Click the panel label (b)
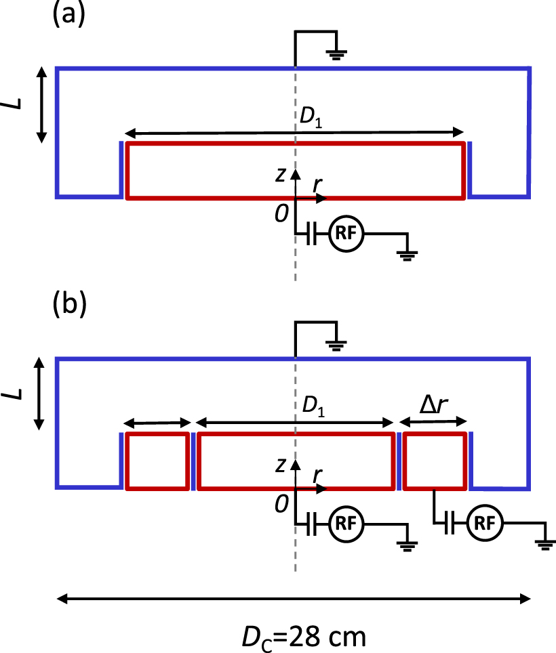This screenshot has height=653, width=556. (68, 304)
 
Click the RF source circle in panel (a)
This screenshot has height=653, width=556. (346, 234)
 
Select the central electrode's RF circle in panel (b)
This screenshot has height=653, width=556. (346, 524)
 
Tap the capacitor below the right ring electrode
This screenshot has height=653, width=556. (449, 524)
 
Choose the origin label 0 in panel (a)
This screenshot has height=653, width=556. (281, 215)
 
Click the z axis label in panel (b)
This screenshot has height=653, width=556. (281, 465)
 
